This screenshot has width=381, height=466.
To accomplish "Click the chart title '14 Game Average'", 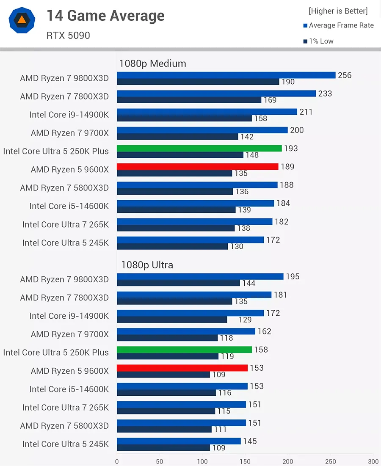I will coord(105,16).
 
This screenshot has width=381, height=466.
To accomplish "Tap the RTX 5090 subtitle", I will coord(68,36).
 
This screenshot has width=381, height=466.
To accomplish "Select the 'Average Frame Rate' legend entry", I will coord(338,25).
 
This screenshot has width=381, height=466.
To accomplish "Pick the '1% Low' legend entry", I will coord(318,41).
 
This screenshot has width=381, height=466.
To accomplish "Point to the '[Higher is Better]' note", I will coord(338,11).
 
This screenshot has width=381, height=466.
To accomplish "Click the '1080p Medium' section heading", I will coord(152,63).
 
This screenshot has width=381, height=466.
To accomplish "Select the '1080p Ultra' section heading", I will coord(147,265).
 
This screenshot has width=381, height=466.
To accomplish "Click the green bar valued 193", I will coord(199,148).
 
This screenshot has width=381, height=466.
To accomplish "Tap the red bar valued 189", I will coord(197,167).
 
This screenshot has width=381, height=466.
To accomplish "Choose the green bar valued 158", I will coord(184,350).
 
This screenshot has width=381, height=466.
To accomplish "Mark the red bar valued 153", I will coord(182,368).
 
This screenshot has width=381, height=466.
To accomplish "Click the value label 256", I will coord(345,75).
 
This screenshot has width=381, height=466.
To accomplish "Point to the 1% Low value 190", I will coord(288,82).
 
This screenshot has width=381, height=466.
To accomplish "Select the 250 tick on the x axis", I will coord(331,461).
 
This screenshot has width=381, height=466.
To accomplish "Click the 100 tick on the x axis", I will coord(202,461).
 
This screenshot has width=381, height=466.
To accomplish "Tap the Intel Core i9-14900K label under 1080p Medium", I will coord(69,115).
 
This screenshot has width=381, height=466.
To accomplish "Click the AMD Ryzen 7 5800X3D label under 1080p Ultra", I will coord(64,426).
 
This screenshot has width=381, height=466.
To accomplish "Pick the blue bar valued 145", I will coord(179,441).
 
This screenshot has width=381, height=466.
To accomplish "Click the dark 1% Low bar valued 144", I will coord(178,283).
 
